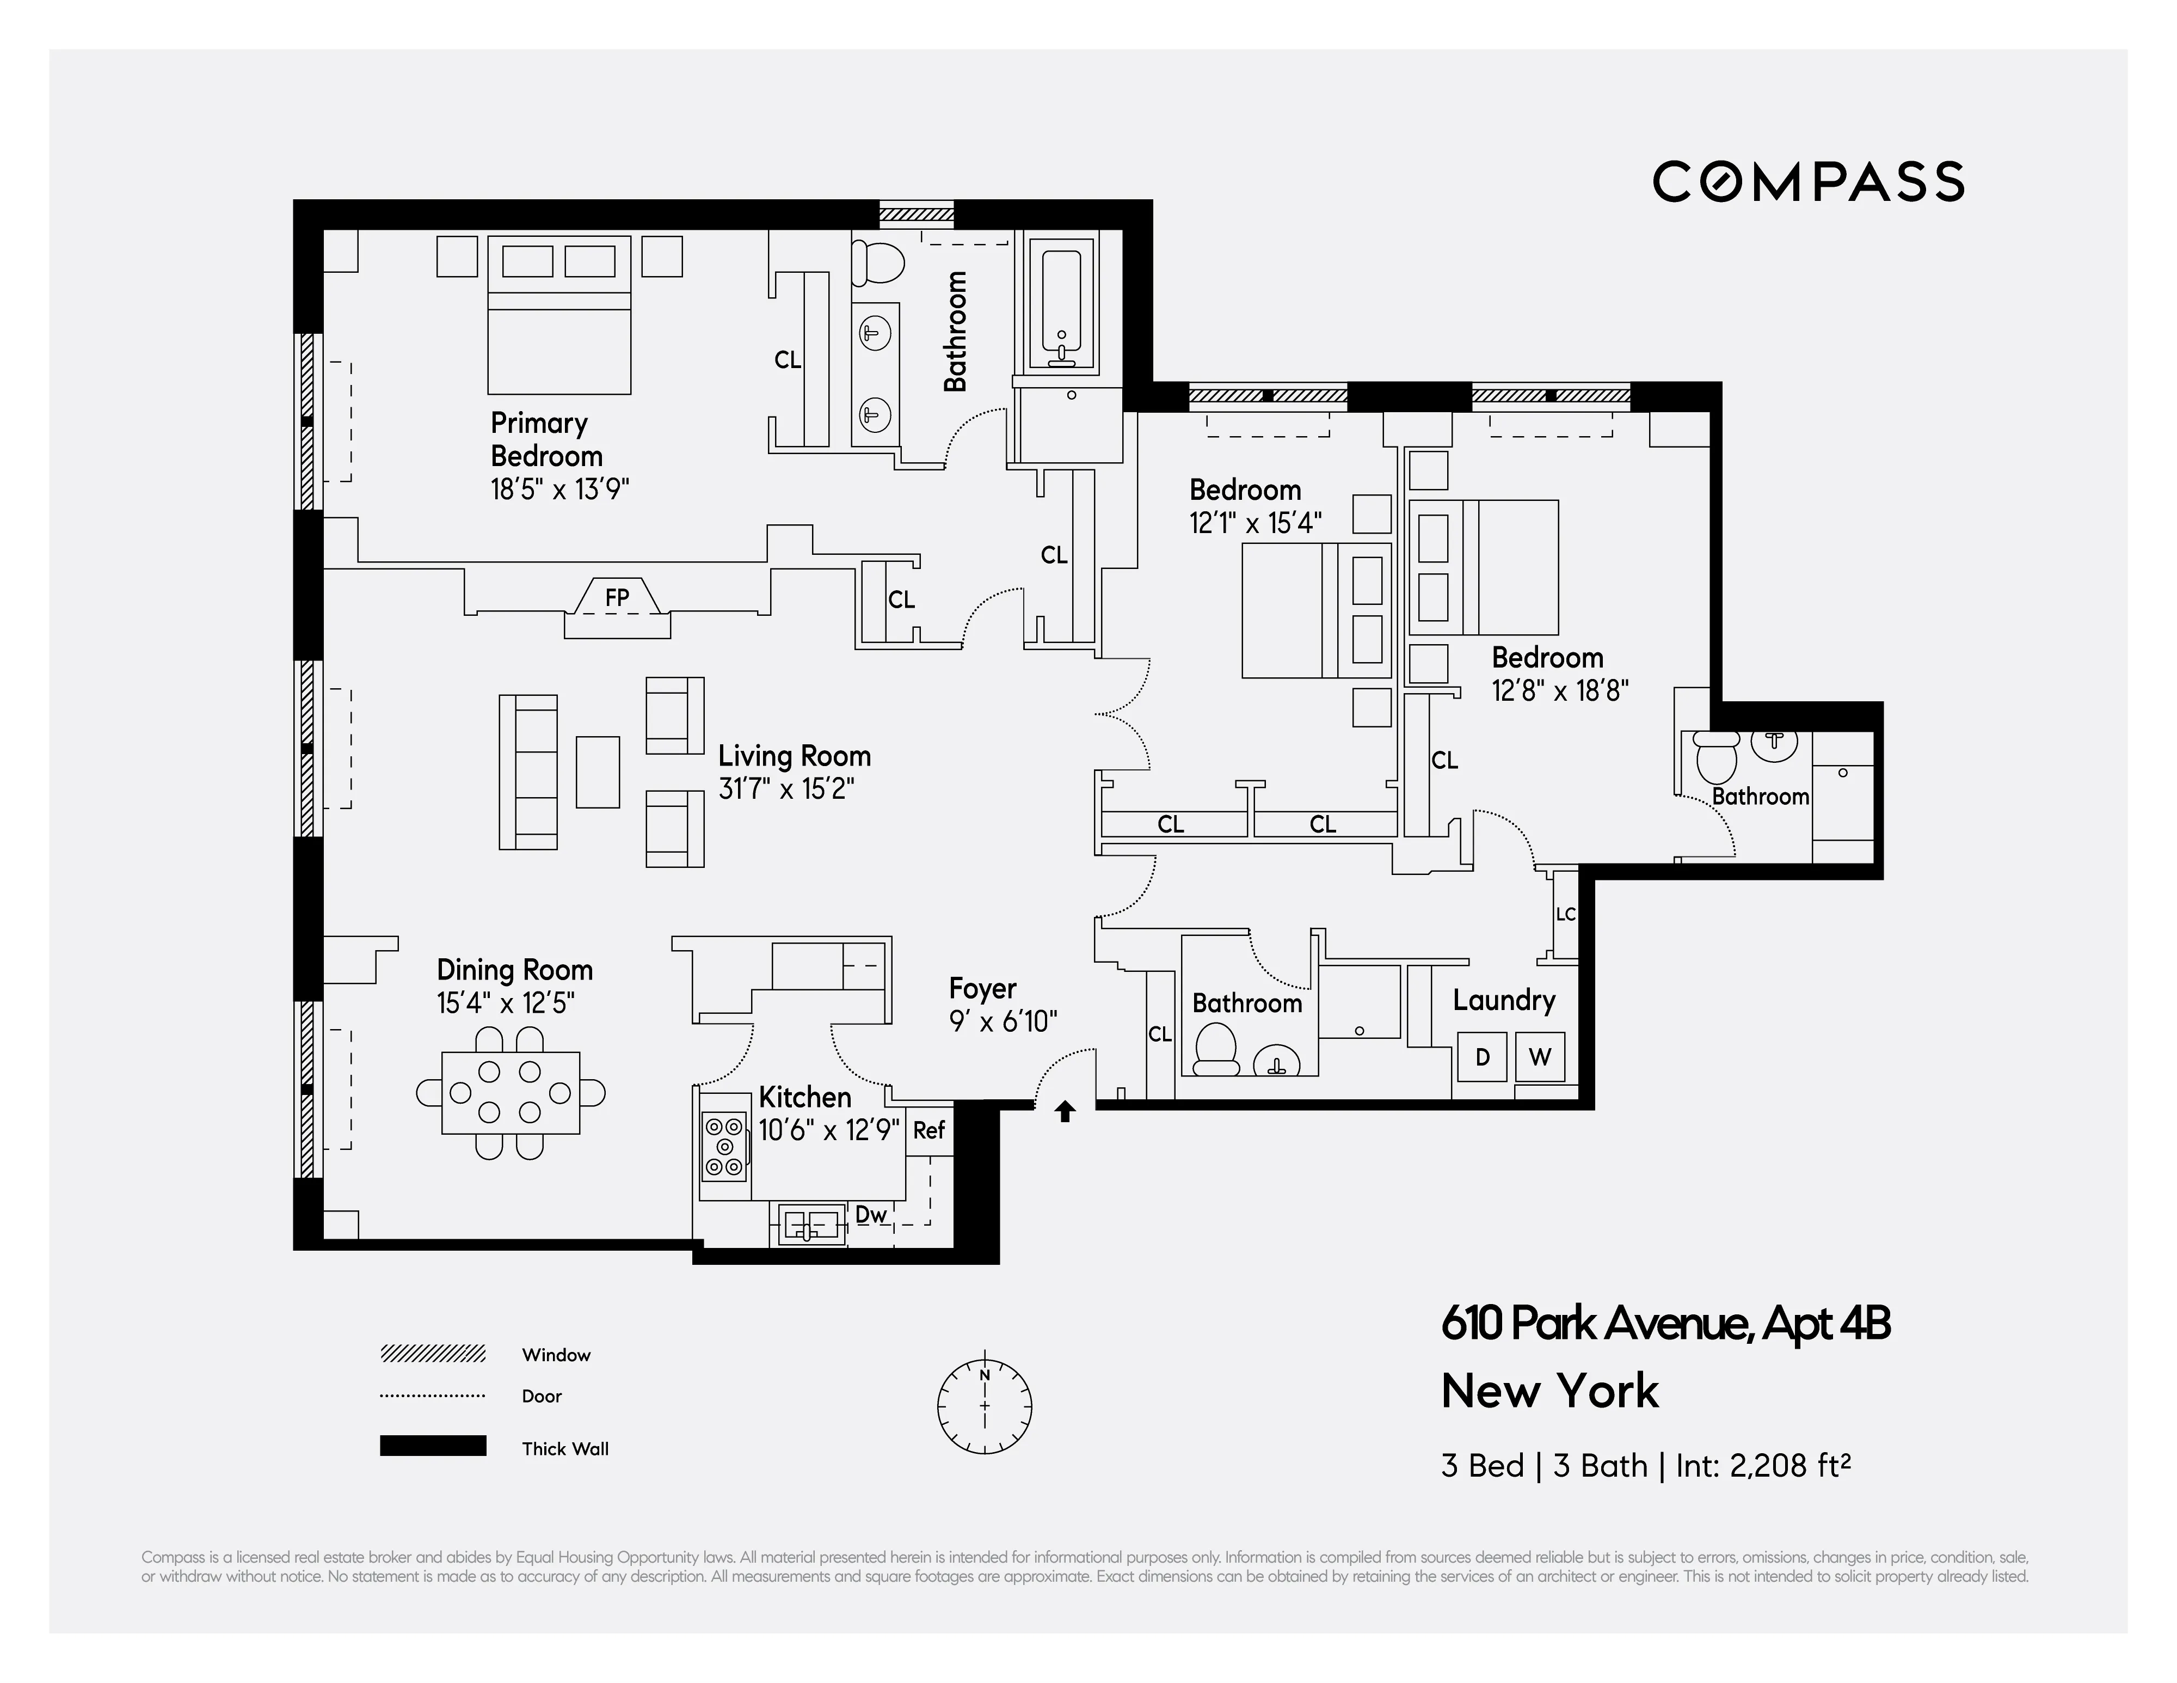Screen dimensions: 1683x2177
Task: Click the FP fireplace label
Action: click(x=617, y=597)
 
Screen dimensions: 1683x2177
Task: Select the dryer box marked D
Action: click(x=1481, y=1057)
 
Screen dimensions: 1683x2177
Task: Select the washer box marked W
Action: click(x=1540, y=1057)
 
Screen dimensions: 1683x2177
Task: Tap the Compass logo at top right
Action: click(x=1808, y=181)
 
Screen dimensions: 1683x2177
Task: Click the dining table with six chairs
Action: click(x=511, y=1093)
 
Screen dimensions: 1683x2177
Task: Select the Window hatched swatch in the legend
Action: click(x=433, y=1354)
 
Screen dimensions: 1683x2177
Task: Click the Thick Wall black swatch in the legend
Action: click(x=433, y=1446)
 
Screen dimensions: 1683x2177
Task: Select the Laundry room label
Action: click(x=1503, y=1000)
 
